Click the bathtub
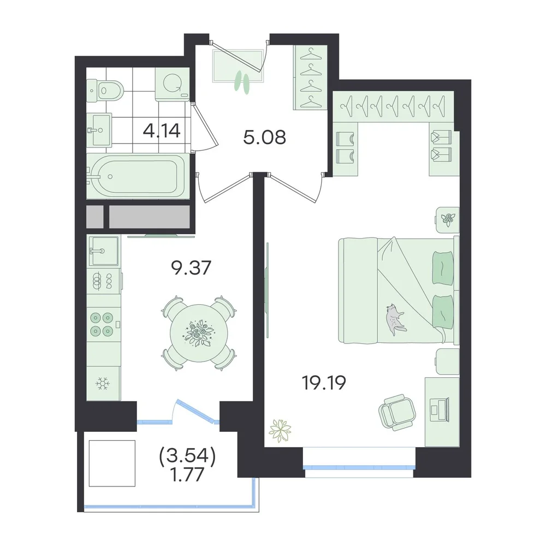(x=138, y=176)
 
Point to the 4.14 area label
(x=162, y=130)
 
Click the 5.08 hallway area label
(x=265, y=137)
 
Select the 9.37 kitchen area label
(x=191, y=268)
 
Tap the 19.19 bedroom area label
(x=324, y=383)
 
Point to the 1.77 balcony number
(x=187, y=474)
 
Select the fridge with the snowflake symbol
(x=103, y=383)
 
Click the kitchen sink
(x=103, y=251)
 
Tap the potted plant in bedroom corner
(x=280, y=431)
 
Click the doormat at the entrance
(x=239, y=66)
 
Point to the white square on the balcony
(x=112, y=464)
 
